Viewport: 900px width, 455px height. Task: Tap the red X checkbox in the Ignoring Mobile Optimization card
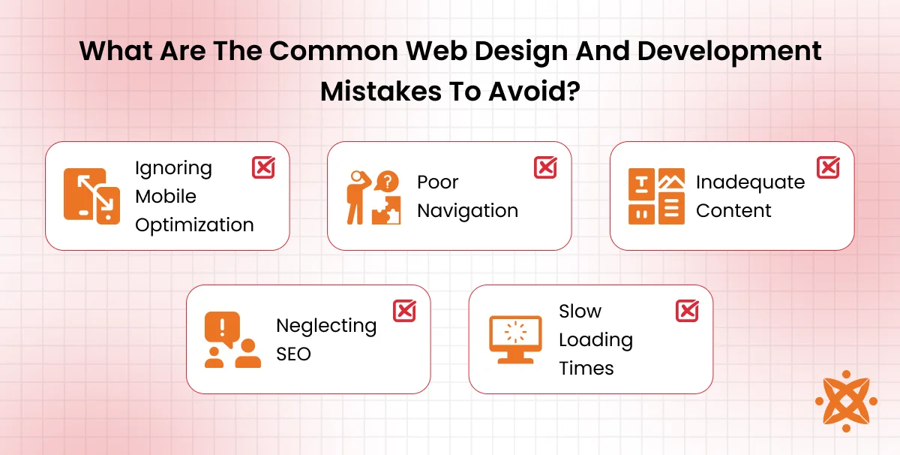tap(263, 167)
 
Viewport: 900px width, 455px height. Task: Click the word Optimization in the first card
tap(194, 224)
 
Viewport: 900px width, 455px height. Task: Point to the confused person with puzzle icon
tap(373, 197)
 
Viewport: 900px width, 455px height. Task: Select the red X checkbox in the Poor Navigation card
tap(545, 167)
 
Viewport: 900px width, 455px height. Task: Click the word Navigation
tap(467, 210)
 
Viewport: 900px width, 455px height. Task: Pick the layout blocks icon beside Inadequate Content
tap(656, 196)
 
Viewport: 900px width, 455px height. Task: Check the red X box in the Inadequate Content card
tap(828, 167)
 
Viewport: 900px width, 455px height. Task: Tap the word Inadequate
tap(750, 182)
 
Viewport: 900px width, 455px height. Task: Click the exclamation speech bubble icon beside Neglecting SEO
tap(232, 339)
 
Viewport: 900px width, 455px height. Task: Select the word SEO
tap(293, 354)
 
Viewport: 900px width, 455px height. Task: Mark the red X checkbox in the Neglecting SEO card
tap(405, 311)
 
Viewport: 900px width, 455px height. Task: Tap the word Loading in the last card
tap(595, 339)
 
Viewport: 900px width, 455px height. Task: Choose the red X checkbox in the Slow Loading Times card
tap(687, 311)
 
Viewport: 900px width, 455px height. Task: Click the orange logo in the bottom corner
tap(845, 400)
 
